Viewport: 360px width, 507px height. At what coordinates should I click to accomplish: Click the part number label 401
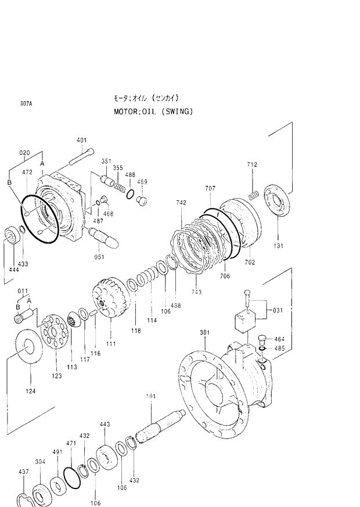81,140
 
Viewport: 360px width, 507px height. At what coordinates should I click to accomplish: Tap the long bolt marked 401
81,157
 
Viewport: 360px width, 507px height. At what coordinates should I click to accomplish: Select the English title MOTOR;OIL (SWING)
153,111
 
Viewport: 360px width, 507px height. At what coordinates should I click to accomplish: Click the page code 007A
26,104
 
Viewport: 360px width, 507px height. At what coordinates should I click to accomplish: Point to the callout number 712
251,165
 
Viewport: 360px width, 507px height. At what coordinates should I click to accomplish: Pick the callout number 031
278,310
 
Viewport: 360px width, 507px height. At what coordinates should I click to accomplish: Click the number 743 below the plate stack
197,292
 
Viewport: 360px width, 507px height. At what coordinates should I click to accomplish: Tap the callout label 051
99,257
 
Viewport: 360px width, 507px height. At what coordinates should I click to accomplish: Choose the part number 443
105,425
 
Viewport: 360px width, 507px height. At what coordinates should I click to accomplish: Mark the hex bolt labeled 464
261,338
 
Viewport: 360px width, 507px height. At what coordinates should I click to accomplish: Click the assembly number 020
24,153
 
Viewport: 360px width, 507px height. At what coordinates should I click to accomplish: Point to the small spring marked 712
253,195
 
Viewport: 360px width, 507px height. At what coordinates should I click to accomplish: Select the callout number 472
27,172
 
